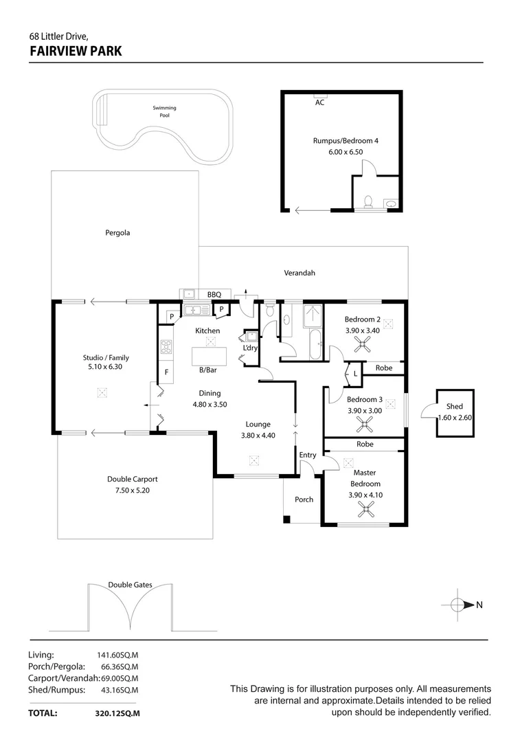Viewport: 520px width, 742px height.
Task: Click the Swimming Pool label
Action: point(164,111)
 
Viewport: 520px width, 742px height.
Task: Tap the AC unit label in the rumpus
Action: point(319,102)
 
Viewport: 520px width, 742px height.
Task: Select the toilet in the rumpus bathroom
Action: point(368,201)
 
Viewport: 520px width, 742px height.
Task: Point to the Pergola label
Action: point(117,233)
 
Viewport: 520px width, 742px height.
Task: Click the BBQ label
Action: point(214,294)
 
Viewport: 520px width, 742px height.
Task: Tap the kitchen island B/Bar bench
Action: point(208,356)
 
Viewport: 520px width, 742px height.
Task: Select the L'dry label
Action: point(250,348)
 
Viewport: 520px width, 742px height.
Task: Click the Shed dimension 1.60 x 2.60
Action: point(454,418)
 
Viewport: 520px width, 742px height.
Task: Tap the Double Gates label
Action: point(130,585)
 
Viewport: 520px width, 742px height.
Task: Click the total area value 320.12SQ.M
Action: point(117,714)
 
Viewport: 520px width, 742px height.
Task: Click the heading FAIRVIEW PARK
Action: point(76,50)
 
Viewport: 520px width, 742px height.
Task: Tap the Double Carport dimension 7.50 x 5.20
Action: point(137,490)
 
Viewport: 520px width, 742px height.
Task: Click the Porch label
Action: point(304,499)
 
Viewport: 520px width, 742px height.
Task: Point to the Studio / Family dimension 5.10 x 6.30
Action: point(105,367)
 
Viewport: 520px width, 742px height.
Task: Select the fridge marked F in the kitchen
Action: point(166,372)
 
